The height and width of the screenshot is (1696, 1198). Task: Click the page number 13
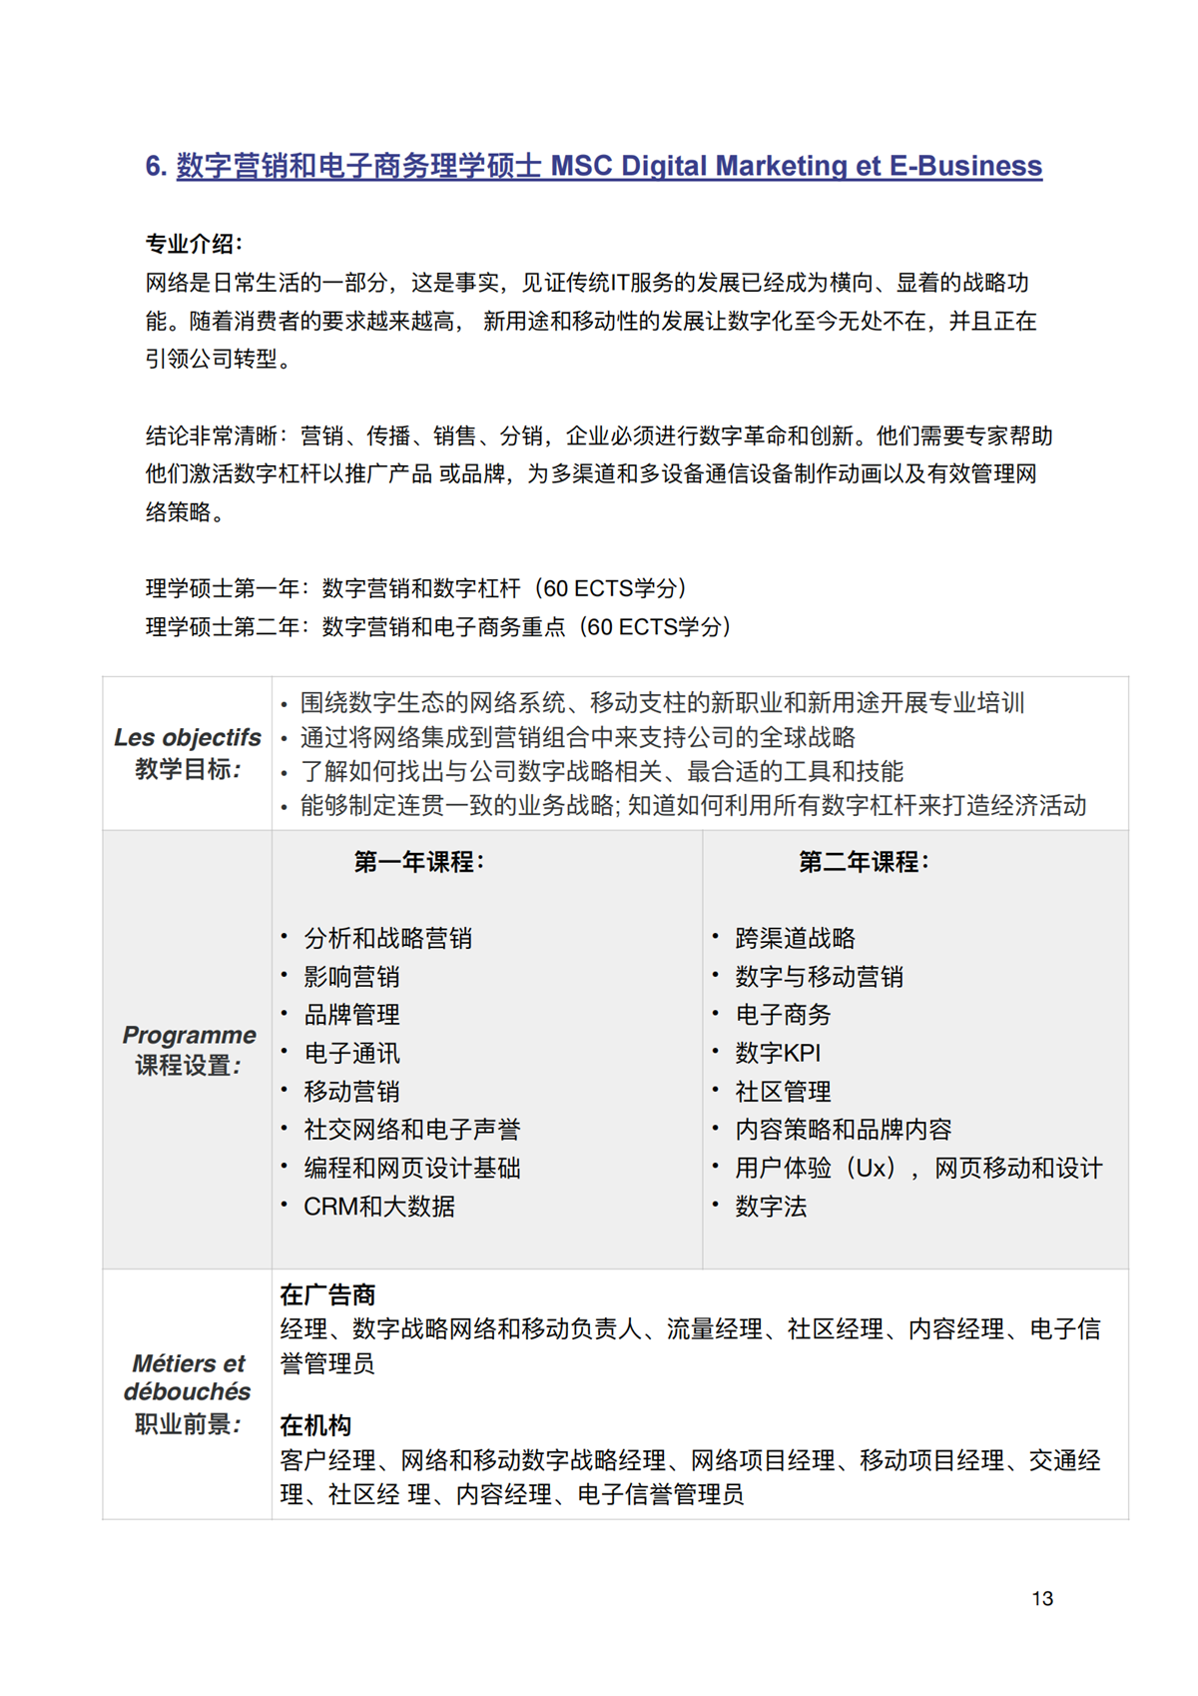[1041, 1598]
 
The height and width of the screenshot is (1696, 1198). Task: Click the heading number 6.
[156, 166]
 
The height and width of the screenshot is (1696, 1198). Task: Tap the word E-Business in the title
[965, 166]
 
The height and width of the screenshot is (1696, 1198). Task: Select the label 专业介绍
[193, 244]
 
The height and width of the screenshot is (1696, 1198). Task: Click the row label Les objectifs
[188, 738]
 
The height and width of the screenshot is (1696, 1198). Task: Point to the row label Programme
[189, 1035]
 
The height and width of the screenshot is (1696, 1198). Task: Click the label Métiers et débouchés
[188, 1377]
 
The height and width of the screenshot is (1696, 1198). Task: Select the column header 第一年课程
[418, 862]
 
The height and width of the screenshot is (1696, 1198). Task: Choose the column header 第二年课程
[864, 862]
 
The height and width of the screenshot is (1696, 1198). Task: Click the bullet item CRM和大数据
[379, 1207]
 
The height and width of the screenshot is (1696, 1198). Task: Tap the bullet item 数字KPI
[778, 1053]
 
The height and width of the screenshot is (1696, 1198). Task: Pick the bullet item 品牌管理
[351, 1015]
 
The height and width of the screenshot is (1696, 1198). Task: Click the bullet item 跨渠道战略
[795, 938]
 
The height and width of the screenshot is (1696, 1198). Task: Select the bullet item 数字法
[771, 1207]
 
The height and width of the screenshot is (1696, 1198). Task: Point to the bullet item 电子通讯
[351, 1053]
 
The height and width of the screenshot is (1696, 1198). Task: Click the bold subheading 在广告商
[327, 1295]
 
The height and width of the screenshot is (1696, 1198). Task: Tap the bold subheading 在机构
[315, 1425]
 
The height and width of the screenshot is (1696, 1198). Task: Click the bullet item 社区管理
[783, 1092]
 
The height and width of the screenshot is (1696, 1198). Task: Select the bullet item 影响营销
[351, 977]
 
